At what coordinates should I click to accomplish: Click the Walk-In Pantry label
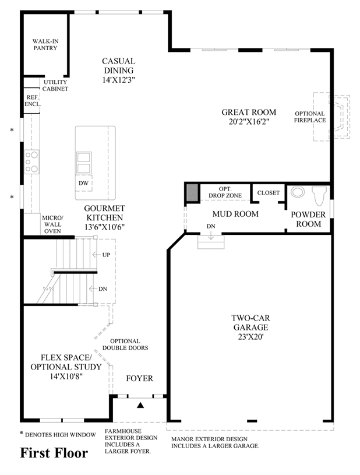(x=45, y=44)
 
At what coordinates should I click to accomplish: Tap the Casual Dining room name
(x=118, y=65)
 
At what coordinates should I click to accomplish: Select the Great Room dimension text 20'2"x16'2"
(x=249, y=122)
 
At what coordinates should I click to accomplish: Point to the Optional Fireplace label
(x=310, y=117)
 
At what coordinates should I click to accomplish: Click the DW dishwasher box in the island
(x=83, y=183)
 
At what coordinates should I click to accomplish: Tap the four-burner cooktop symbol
(x=32, y=162)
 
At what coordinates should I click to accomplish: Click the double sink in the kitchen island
(x=83, y=163)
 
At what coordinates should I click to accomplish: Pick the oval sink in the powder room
(x=298, y=192)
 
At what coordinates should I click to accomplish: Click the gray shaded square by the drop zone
(x=192, y=192)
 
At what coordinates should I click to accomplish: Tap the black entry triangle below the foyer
(x=140, y=405)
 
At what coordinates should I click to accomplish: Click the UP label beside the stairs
(x=106, y=255)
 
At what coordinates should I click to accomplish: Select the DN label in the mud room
(x=211, y=226)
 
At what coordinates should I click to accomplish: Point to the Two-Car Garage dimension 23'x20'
(x=250, y=336)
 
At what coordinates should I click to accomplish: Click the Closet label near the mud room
(x=269, y=193)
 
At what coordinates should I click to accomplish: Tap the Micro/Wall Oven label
(x=52, y=224)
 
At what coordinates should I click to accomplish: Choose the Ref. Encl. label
(x=33, y=101)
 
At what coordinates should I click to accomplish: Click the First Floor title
(x=54, y=453)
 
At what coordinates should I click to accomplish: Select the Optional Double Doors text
(x=125, y=344)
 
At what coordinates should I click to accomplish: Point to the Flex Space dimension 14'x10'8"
(x=66, y=377)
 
